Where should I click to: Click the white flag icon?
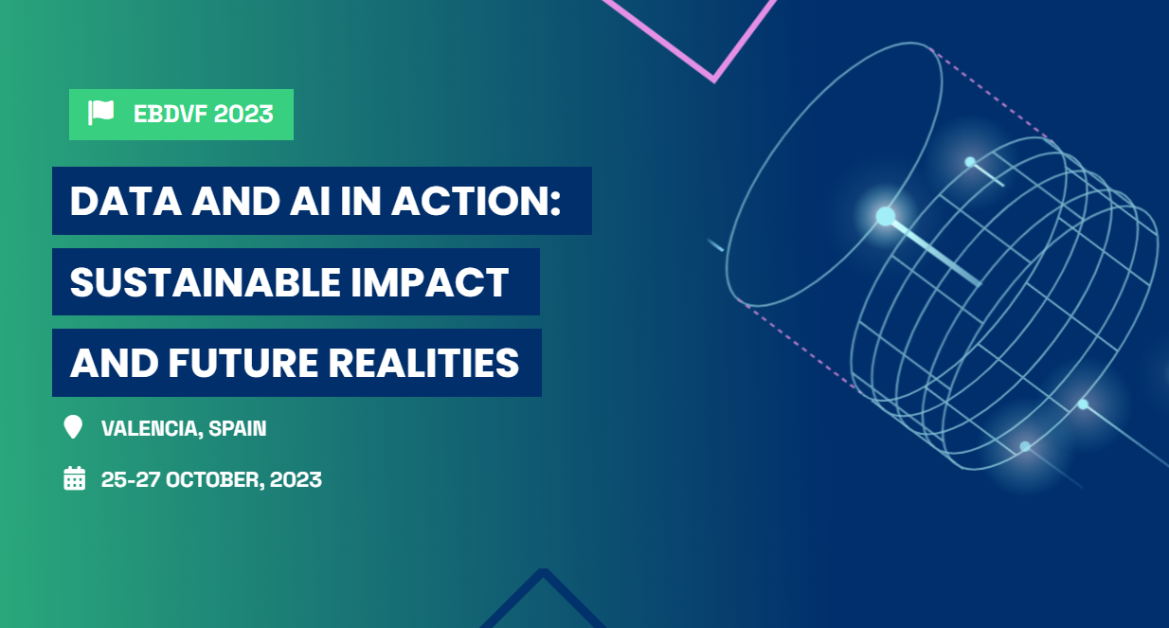tap(100, 113)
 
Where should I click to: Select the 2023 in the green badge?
tap(243, 115)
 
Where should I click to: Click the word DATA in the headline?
tap(126, 201)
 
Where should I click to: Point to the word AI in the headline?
tap(310, 201)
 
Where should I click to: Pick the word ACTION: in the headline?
tap(477, 201)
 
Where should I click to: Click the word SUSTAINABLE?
tap(206, 282)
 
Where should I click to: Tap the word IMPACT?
tap(430, 282)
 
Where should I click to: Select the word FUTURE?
tap(243, 363)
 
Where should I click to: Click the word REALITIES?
tap(423, 363)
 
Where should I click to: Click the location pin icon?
tap(73, 427)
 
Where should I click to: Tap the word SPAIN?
tap(238, 428)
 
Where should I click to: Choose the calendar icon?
tap(75, 478)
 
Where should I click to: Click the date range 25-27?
tap(131, 480)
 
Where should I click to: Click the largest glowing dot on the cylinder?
tap(885, 217)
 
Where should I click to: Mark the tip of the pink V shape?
tap(714, 81)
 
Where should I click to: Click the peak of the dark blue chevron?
tap(543, 571)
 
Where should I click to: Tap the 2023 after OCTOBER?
tap(296, 480)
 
